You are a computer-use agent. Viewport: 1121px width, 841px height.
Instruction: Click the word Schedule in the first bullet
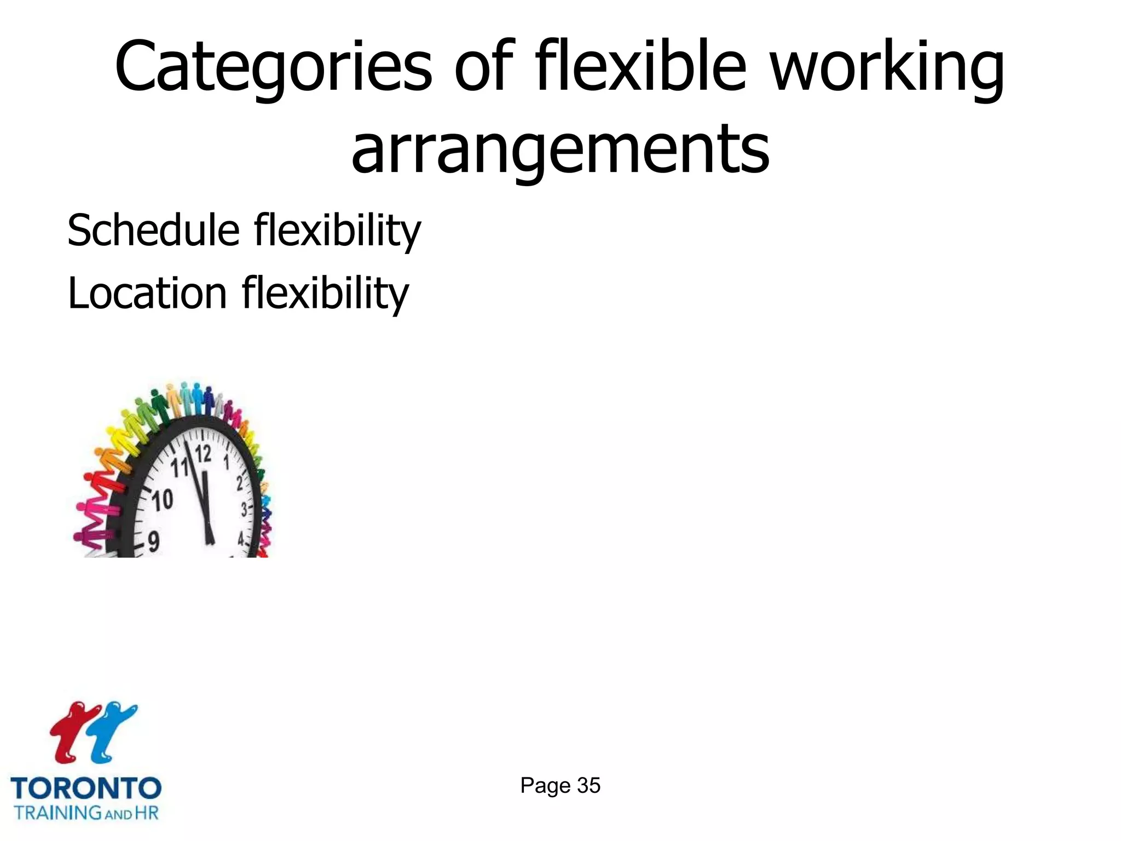point(153,230)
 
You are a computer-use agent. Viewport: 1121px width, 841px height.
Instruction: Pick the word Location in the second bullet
point(147,293)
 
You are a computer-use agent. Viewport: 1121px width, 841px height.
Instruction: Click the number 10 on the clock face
point(162,500)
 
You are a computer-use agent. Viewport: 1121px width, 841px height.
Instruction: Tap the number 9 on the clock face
point(154,542)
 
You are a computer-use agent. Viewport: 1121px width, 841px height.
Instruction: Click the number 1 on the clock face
point(226,462)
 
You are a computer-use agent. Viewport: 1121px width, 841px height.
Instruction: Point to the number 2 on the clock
point(240,483)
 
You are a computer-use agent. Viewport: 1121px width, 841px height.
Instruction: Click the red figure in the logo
point(71,731)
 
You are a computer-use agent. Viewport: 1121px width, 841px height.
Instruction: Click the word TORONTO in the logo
point(86,788)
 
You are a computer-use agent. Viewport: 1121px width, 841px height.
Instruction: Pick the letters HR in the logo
point(147,812)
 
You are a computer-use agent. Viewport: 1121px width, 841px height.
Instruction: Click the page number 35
point(589,786)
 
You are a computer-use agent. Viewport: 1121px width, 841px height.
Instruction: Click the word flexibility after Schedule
point(337,230)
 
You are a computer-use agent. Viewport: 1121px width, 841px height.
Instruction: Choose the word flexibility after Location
point(325,293)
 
